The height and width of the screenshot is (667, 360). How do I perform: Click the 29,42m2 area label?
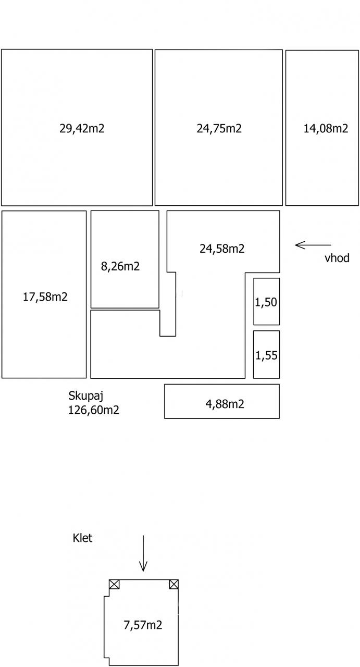click(82, 128)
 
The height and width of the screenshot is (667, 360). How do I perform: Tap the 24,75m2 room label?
click(219, 128)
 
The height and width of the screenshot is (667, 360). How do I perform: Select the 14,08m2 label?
click(326, 128)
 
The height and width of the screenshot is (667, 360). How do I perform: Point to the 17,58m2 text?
click(45, 297)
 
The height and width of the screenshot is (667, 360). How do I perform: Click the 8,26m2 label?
click(120, 266)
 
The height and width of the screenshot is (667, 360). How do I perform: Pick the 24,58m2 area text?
click(222, 249)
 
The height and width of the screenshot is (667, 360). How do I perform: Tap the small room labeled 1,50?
click(266, 302)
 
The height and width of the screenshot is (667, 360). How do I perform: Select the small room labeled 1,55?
click(266, 355)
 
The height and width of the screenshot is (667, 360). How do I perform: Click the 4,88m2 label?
click(222, 404)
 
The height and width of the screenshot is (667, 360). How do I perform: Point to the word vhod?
click(337, 258)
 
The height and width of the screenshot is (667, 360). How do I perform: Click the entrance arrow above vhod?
click(313, 244)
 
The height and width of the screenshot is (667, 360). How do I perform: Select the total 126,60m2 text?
click(94, 410)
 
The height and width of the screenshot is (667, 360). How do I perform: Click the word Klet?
click(82, 538)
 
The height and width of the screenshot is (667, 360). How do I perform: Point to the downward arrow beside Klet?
click(143, 553)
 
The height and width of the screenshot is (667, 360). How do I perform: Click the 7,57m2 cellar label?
click(143, 625)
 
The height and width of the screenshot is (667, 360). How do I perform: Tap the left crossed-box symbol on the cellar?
click(114, 584)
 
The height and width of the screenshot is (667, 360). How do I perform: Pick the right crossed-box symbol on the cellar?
click(174, 584)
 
